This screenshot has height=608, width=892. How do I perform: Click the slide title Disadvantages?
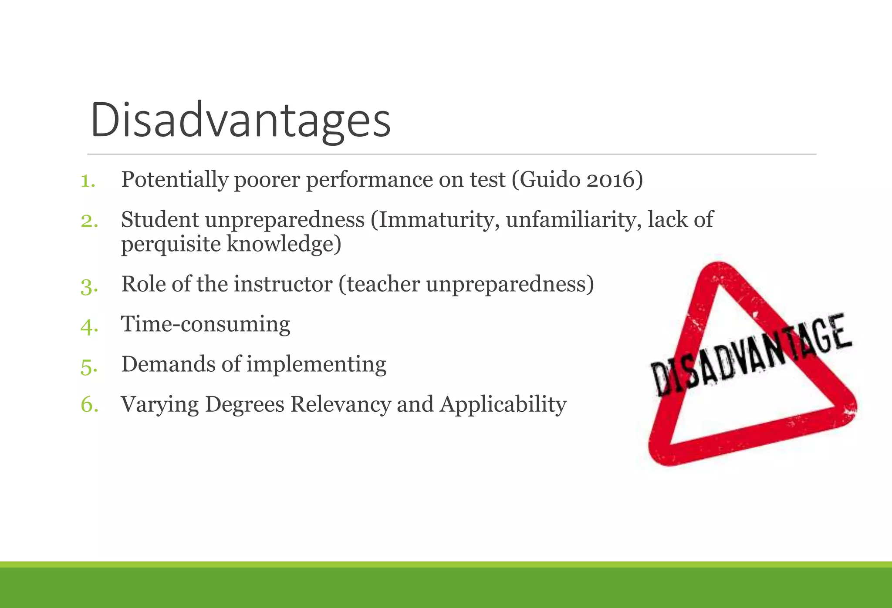(x=240, y=120)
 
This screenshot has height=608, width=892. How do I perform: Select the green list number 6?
(x=89, y=405)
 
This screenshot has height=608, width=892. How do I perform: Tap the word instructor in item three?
(x=283, y=284)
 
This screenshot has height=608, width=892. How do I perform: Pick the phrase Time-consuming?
(x=206, y=324)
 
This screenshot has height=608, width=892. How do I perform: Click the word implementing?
(x=317, y=364)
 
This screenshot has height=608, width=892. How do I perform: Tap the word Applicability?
(x=503, y=404)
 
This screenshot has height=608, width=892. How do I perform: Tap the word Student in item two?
(x=159, y=219)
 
